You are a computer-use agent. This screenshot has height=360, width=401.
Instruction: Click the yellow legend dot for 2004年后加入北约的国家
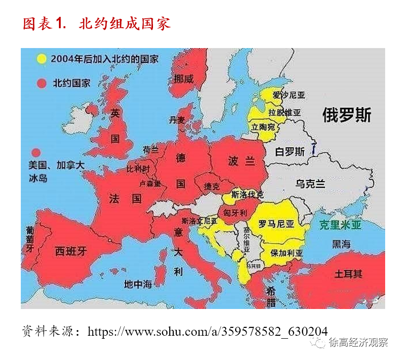(x=42, y=59)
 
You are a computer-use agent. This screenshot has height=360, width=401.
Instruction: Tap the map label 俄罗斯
(x=347, y=115)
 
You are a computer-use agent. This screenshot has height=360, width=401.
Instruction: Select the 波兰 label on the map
(x=241, y=161)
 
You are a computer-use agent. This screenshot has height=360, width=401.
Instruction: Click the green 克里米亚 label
(x=340, y=225)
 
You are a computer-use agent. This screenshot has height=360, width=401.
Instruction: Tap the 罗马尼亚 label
(x=276, y=224)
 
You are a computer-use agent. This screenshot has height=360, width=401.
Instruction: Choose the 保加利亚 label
(x=287, y=253)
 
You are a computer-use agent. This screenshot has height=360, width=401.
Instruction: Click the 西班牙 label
(x=71, y=251)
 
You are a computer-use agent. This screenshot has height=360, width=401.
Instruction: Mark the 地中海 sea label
(x=138, y=284)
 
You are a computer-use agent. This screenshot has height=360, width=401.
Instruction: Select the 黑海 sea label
(x=341, y=244)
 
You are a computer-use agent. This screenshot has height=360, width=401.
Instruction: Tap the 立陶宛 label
(x=263, y=127)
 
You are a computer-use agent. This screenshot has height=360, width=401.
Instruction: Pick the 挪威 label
(x=184, y=79)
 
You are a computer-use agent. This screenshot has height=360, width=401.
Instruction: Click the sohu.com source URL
(x=207, y=331)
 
